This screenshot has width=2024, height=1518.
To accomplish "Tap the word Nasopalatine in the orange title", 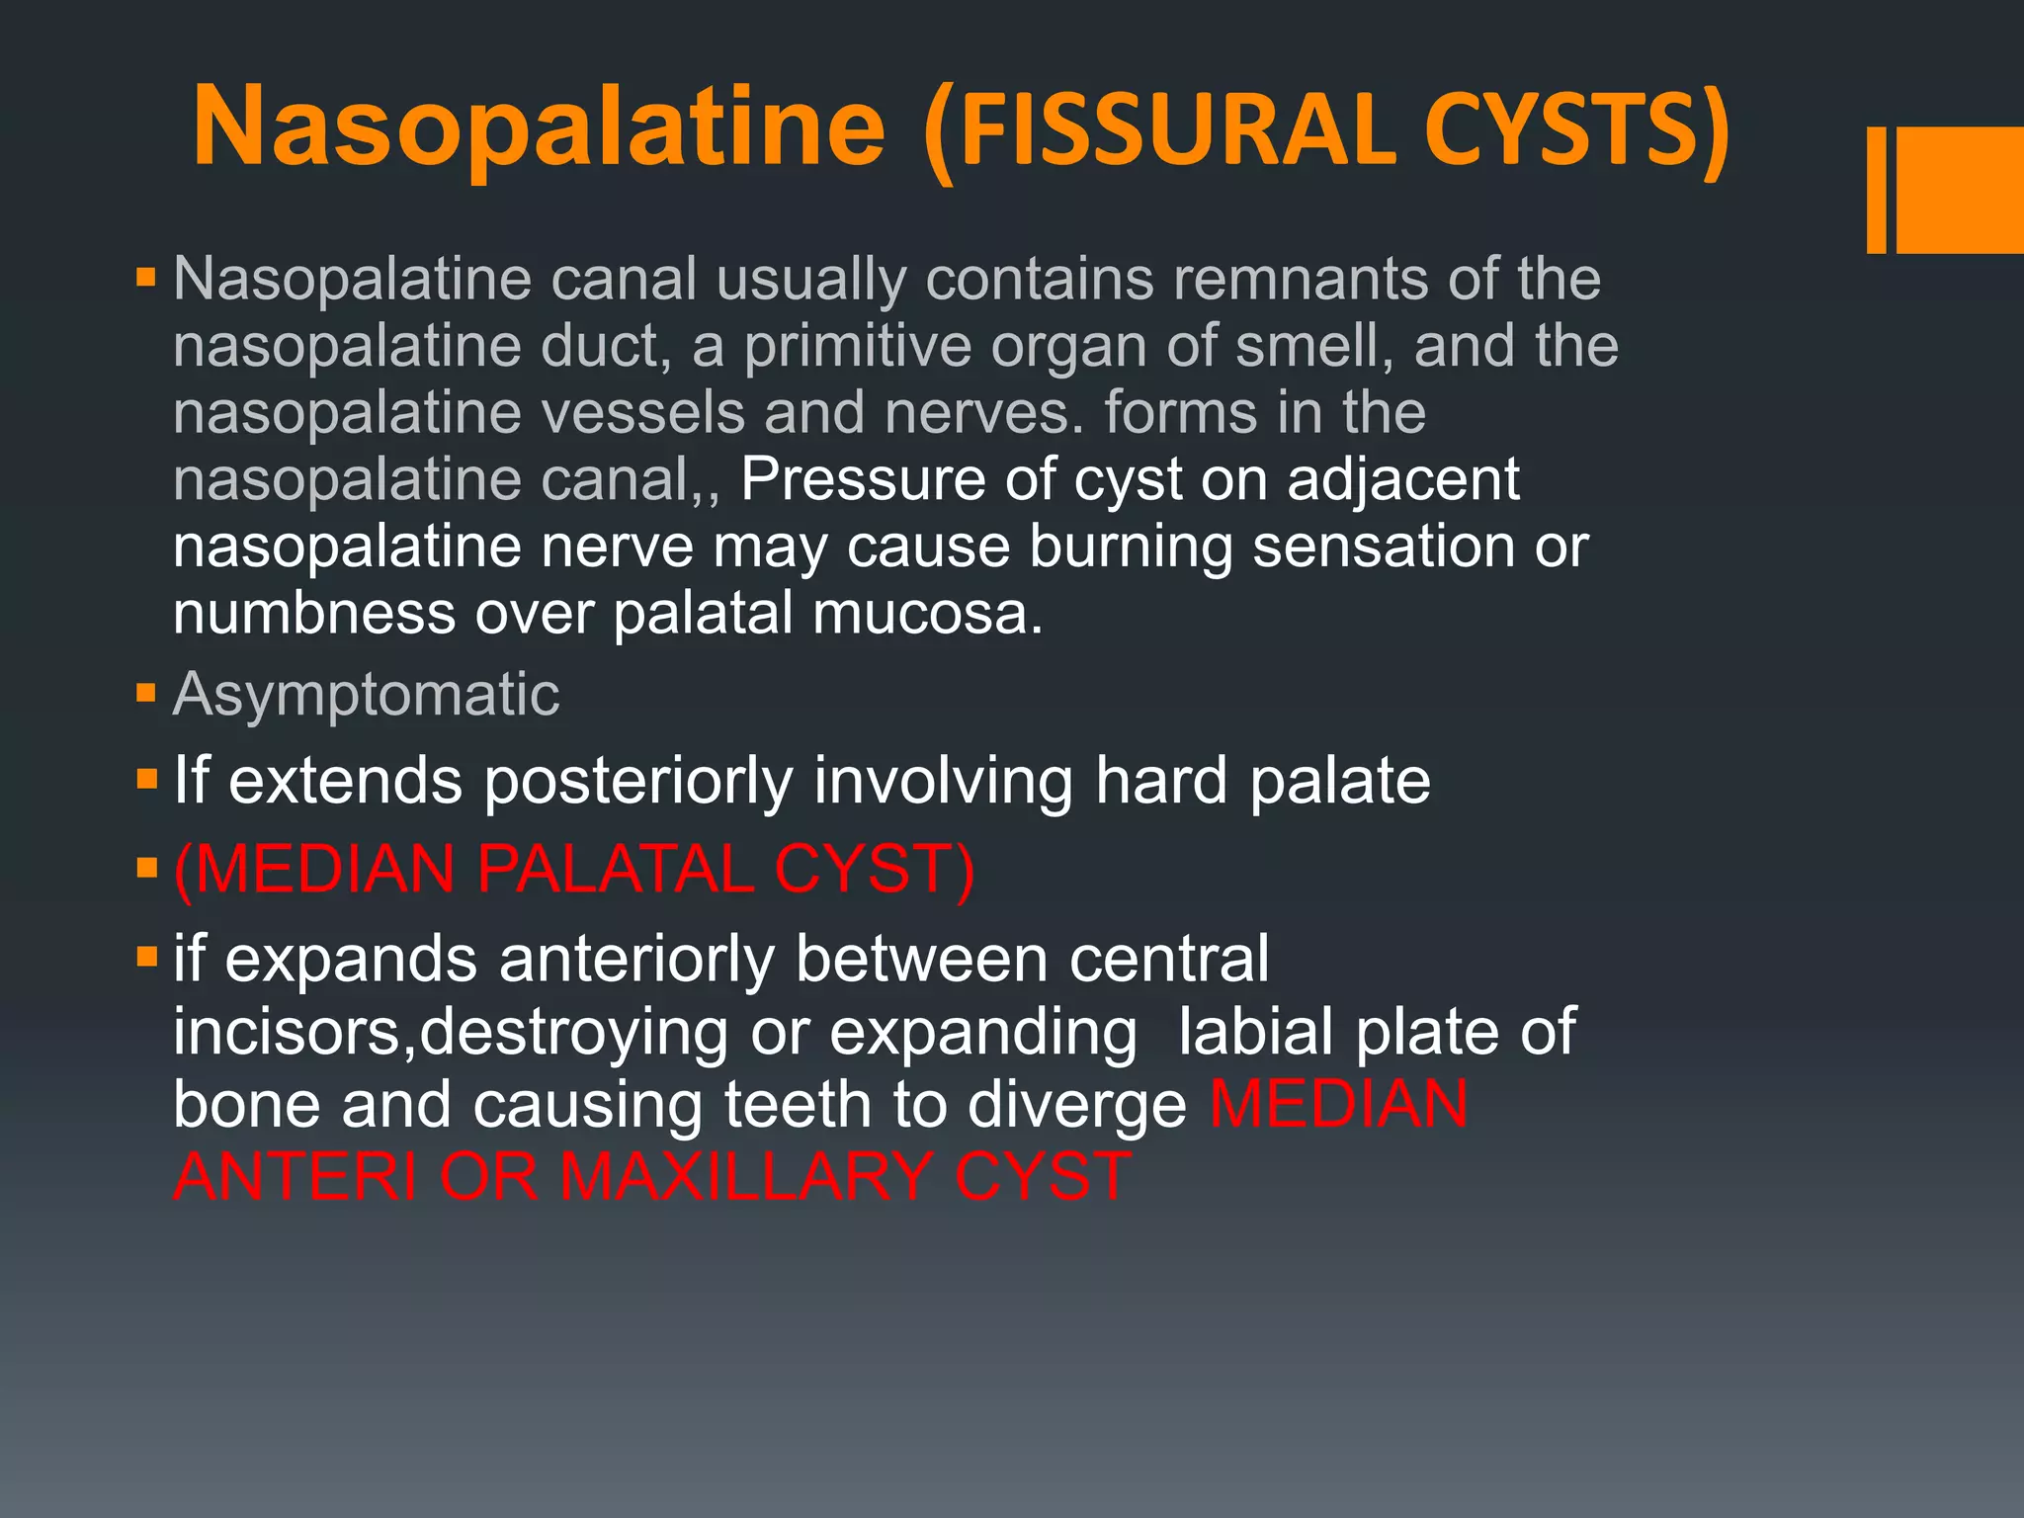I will tap(539, 128).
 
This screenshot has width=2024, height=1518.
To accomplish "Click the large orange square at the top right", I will tap(1960, 190).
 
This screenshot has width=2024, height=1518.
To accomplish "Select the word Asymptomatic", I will tap(366, 694).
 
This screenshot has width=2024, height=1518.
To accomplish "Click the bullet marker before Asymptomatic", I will tap(146, 692).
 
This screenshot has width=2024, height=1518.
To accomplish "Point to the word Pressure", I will tap(862, 479).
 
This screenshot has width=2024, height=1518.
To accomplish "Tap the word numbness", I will tap(314, 614).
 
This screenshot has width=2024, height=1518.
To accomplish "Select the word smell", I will tap(1314, 346).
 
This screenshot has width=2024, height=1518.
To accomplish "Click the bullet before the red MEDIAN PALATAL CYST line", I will tap(146, 869).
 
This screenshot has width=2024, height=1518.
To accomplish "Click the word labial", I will tap(1255, 1032).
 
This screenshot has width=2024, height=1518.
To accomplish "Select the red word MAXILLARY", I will tap(745, 1177).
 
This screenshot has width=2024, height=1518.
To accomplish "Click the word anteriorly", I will tap(636, 959).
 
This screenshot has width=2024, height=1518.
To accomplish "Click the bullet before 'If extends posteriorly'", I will tap(146, 780).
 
